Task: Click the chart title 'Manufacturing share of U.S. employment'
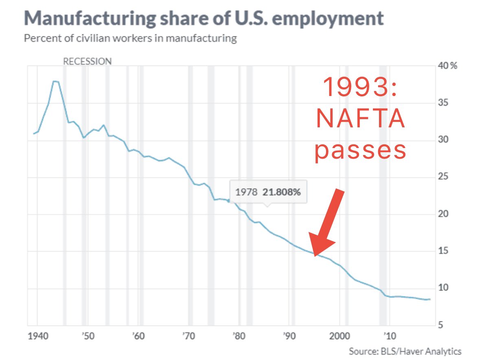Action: coord(204,18)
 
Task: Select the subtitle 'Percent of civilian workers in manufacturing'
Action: coord(130,39)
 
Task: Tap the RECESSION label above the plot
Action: coord(87,61)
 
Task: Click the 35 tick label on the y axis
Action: coord(443,103)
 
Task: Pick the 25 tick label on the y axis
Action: coord(443,177)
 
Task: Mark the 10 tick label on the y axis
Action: coord(443,288)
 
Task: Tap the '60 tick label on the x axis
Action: coord(138,337)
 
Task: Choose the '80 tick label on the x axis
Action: coord(239,337)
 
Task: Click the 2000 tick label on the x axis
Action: coord(339,337)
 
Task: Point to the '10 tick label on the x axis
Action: coord(389,337)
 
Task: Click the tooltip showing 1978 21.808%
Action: coord(267,192)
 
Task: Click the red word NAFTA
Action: coord(361,120)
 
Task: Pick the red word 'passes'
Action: coord(361,151)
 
